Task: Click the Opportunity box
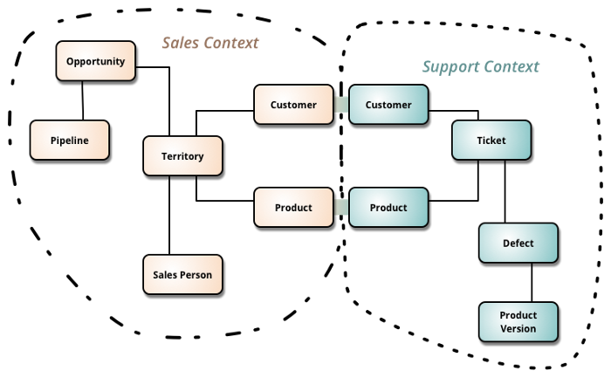click(x=96, y=61)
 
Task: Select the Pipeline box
click(x=70, y=140)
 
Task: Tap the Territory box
click(x=182, y=156)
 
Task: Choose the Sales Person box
click(x=182, y=274)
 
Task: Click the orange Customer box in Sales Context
click(x=293, y=105)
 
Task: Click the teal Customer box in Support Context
click(x=388, y=105)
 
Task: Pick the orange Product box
click(x=293, y=207)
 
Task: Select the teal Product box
click(x=388, y=207)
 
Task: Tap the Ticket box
click(x=491, y=140)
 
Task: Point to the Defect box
click(x=518, y=243)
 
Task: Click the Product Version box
click(x=518, y=321)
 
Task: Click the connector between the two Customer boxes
click(x=341, y=105)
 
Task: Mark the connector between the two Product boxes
click(x=341, y=207)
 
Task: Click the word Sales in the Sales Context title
click(x=181, y=43)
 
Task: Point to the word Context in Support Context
click(x=512, y=66)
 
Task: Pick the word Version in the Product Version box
click(x=518, y=328)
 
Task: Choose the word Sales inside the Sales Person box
click(x=165, y=274)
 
